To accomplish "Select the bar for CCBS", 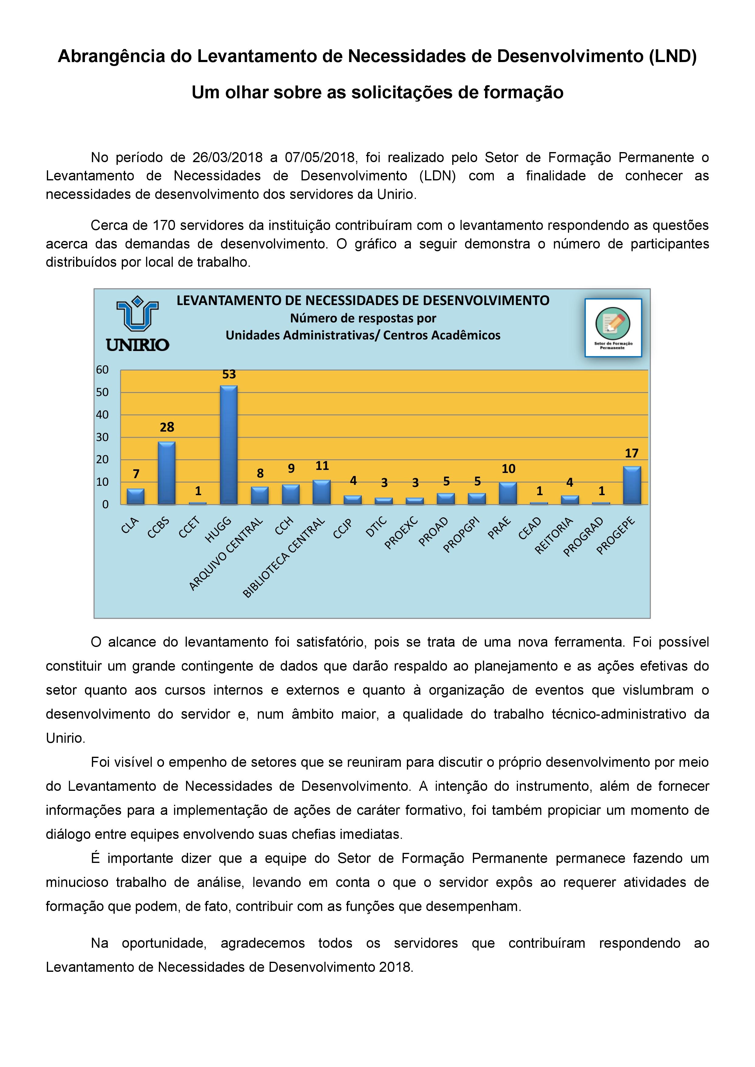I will (167, 473).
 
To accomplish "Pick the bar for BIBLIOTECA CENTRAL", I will (322, 492).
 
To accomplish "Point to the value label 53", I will (229, 374).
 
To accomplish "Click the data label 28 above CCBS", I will (167, 427).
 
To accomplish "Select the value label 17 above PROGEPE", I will (631, 453).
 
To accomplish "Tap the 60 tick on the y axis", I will (102, 370).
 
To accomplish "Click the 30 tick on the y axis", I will (102, 437).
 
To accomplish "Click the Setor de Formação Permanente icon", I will (613, 328).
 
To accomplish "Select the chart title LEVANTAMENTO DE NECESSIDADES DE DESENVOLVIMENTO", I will (363, 301).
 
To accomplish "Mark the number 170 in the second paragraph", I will (164, 225).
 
